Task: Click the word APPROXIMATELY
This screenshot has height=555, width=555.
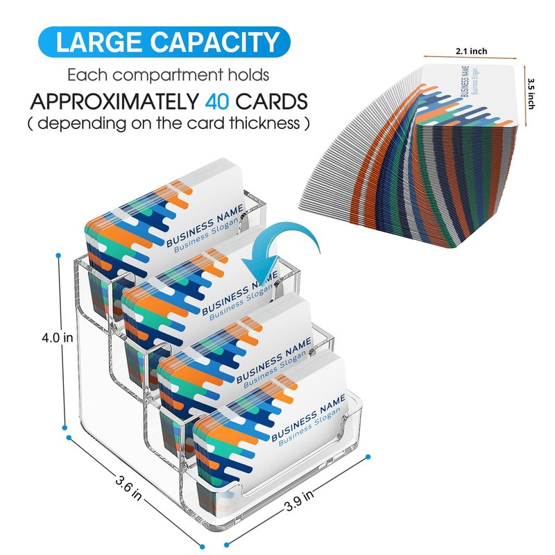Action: pos(114,102)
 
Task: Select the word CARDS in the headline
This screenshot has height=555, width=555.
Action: pos(271,102)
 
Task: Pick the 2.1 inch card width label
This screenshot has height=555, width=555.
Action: pos(472,51)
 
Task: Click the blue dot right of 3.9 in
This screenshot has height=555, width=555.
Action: pos(368,456)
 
